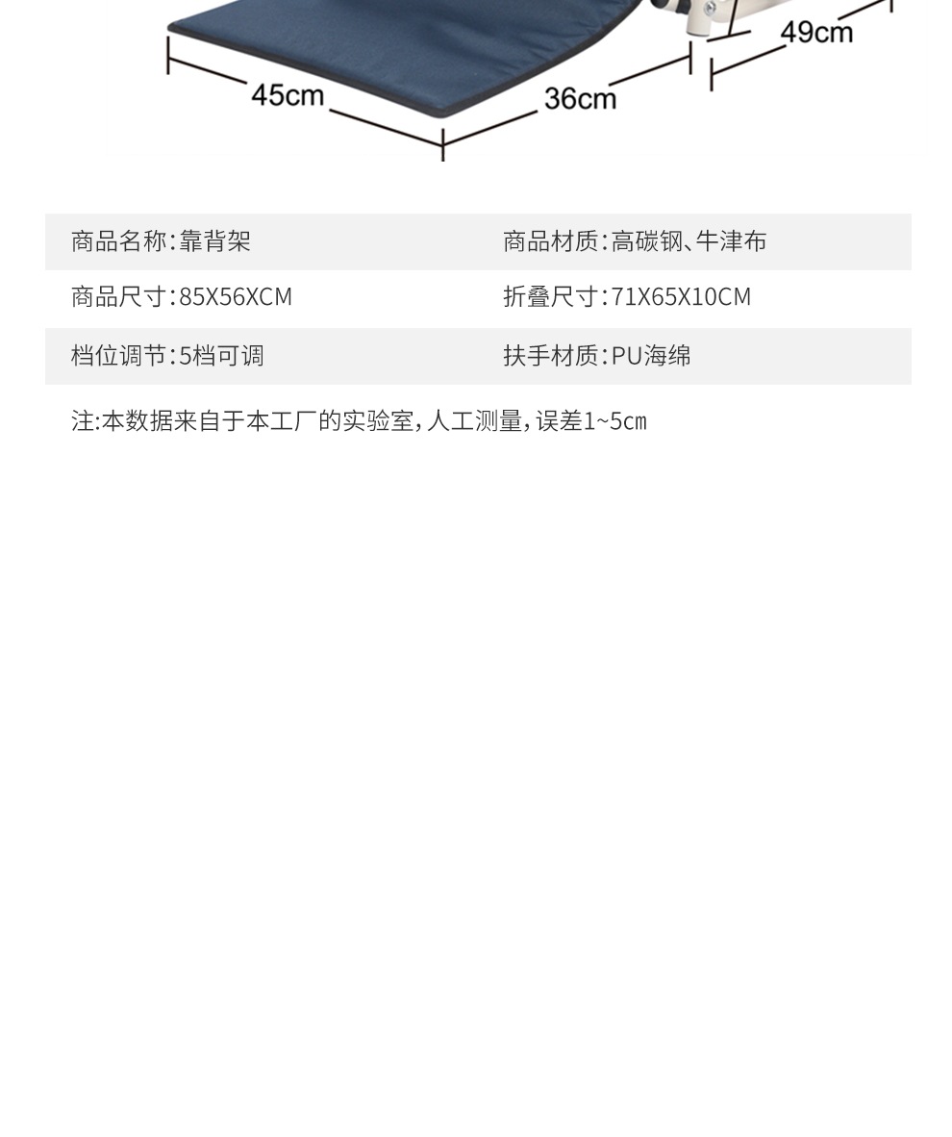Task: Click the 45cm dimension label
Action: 287,95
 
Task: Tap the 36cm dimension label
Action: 580,98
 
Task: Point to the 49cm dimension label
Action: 816,32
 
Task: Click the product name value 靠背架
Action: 215,241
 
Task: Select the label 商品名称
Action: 118,241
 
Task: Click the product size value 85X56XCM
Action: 236,297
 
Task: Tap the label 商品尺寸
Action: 118,297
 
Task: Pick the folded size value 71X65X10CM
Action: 681,297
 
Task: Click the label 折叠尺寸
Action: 550,297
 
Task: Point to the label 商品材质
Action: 550,241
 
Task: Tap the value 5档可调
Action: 221,356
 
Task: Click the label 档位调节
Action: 118,356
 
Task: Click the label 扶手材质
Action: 550,356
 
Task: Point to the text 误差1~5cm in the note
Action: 591,421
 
